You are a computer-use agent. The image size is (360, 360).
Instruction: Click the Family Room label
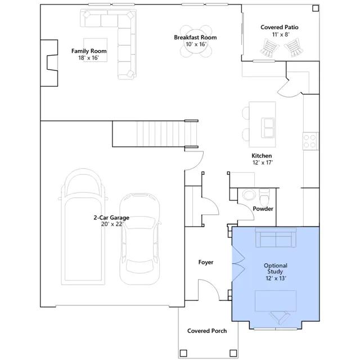point(89,51)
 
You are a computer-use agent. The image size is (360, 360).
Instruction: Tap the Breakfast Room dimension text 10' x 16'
point(196,44)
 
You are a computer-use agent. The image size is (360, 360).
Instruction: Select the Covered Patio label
point(280,28)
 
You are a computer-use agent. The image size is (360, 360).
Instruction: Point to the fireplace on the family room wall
point(49,63)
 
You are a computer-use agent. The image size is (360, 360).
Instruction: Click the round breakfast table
point(195,42)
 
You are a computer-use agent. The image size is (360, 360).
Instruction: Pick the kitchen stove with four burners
point(310,141)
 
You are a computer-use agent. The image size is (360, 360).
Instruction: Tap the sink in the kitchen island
point(268,128)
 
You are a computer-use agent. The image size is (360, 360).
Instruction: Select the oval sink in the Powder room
point(249,195)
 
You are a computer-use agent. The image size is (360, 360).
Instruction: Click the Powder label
point(263,209)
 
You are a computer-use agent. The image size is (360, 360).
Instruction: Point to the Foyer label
point(206,262)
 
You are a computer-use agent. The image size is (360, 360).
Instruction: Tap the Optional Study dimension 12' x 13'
point(276,278)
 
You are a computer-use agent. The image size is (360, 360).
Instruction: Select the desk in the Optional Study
point(276,301)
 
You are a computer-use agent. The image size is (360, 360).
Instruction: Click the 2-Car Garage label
point(111,218)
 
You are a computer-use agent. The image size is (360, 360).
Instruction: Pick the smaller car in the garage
point(139,238)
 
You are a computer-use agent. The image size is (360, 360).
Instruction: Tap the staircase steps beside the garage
point(161,134)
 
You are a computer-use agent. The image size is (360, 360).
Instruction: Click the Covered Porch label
point(207,331)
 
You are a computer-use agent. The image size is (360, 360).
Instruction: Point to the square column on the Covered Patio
point(316,8)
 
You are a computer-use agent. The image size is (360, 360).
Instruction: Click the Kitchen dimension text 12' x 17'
point(263,163)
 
